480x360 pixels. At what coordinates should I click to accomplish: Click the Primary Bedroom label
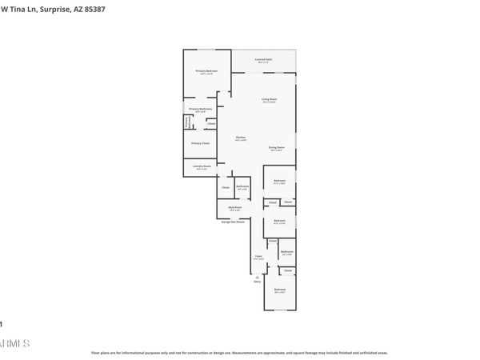[207, 71]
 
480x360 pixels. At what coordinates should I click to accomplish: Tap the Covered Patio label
[263, 58]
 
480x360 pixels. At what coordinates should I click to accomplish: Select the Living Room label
[269, 99]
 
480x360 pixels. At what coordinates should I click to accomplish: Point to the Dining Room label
[276, 147]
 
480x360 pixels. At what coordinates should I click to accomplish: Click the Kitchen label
[240, 138]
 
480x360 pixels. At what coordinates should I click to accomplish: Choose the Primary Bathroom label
[199, 109]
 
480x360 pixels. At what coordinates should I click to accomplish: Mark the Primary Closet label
[200, 143]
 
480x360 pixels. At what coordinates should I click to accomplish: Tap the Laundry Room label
[202, 166]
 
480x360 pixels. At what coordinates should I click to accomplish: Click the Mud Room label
[236, 206]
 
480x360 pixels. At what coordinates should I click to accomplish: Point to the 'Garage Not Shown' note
[233, 221]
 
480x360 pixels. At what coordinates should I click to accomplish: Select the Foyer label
[257, 257]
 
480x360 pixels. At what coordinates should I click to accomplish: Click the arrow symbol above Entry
[258, 276]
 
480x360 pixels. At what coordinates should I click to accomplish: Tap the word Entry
[258, 282]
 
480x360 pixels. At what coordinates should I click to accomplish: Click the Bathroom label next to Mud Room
[242, 186]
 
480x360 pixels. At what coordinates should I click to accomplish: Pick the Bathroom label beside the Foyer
[286, 251]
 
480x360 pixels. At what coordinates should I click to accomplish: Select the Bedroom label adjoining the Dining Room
[279, 181]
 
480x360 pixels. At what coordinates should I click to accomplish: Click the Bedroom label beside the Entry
[279, 289]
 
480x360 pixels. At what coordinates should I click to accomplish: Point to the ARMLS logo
[14, 343]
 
